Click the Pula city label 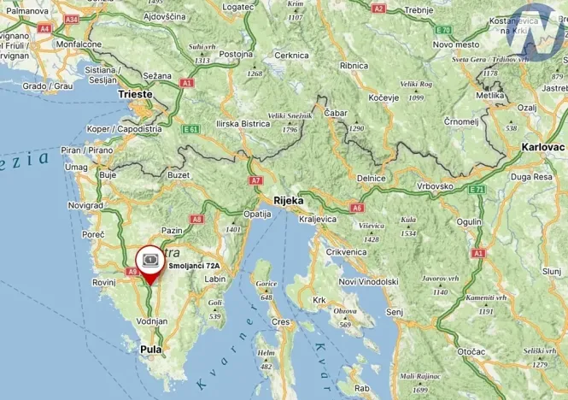pos(151,349)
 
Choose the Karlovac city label pos(542,147)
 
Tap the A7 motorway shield pos(255,180)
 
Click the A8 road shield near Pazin pos(196,219)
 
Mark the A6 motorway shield pos(357,207)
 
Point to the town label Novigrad pos(85,206)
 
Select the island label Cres pos(280,322)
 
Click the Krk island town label pos(321,299)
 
